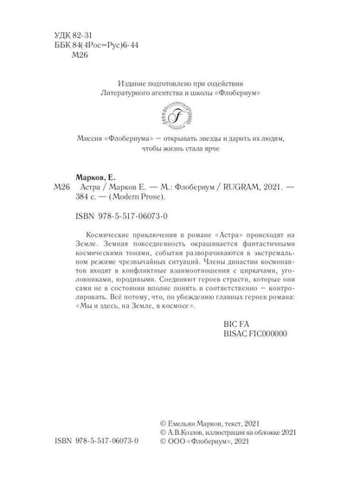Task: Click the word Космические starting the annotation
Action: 112,235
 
